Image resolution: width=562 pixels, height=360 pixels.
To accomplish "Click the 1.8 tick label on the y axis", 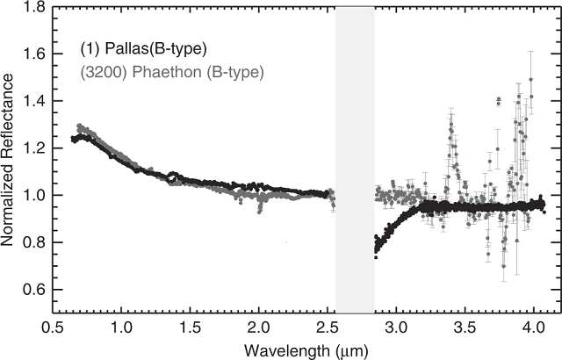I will click(35, 7).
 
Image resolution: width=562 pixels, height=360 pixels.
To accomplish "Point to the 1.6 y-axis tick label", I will click(35, 54).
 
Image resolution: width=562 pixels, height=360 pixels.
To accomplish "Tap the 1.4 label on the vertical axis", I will click(35, 101).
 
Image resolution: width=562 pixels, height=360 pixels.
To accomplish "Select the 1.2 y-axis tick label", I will click(35, 148).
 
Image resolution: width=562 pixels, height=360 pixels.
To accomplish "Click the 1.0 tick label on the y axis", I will click(35, 195).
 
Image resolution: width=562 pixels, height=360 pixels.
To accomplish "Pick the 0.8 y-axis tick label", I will click(35, 242).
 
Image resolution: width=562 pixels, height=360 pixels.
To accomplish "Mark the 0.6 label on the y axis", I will click(35, 289).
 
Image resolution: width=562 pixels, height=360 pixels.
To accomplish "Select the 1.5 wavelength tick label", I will click(190, 328).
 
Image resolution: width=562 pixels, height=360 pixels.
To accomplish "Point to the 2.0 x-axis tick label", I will click(259, 328).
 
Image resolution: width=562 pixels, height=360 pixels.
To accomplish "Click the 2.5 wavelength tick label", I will click(328, 328).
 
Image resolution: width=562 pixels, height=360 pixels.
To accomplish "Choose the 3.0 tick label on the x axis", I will click(396, 328).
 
